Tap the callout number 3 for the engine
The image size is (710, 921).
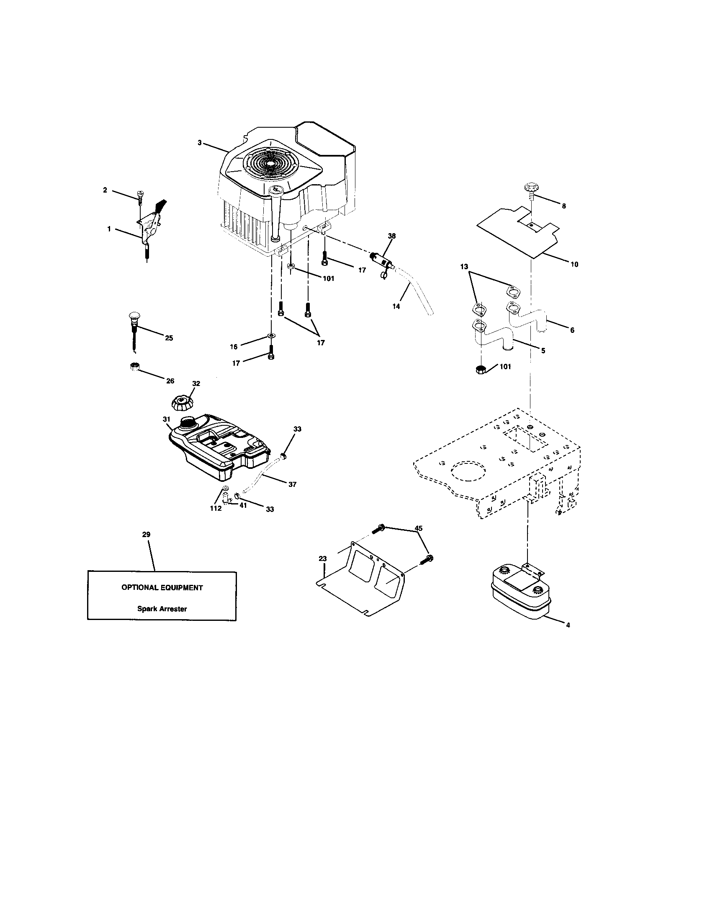199,143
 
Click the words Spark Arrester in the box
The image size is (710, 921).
162,609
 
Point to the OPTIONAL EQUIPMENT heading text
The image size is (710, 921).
162,587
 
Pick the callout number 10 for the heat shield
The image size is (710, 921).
574,265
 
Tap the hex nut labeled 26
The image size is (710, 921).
134,366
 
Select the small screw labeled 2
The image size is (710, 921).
139,196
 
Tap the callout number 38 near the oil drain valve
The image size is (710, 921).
392,236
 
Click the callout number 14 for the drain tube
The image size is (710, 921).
396,306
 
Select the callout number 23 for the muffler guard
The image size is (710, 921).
322,559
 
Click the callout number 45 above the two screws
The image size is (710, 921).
418,528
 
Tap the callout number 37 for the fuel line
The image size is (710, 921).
292,484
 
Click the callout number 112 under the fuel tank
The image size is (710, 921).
216,509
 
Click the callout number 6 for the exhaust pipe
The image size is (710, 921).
572,330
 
